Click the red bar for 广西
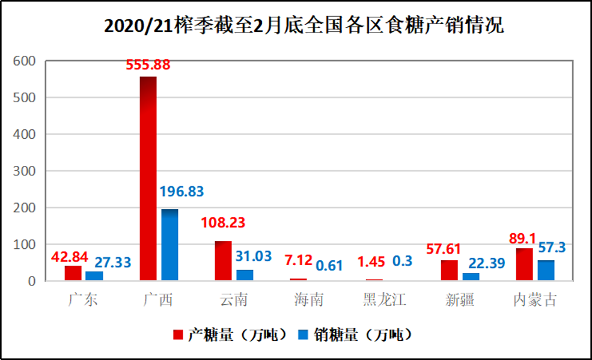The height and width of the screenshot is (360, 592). [148, 178]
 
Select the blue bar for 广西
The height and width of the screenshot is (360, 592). [170, 245]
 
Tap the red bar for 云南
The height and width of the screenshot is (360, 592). [223, 261]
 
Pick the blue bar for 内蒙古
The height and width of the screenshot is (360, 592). [546, 270]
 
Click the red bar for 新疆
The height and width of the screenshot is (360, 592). [449, 270]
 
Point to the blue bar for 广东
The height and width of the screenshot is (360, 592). [94, 276]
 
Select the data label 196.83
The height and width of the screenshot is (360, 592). [182, 192]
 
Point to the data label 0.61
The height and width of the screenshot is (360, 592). [329, 265]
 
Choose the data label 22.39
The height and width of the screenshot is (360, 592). [484, 263]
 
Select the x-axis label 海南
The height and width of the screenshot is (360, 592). [309, 299]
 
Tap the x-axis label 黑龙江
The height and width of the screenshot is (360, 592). [385, 299]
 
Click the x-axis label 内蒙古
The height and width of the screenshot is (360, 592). [536, 299]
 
